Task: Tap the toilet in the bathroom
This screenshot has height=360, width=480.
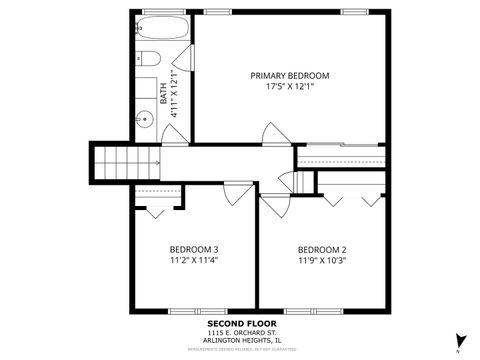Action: click(x=144, y=59)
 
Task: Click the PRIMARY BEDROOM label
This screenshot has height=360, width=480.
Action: click(x=290, y=75)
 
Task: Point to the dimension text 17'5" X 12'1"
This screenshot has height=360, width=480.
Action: click(x=290, y=87)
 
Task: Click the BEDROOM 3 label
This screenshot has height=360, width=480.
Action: click(x=194, y=249)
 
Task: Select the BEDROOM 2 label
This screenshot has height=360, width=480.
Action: click(x=322, y=249)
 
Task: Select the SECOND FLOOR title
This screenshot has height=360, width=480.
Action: click(x=240, y=324)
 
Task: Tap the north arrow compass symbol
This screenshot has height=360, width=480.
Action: click(x=459, y=340)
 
